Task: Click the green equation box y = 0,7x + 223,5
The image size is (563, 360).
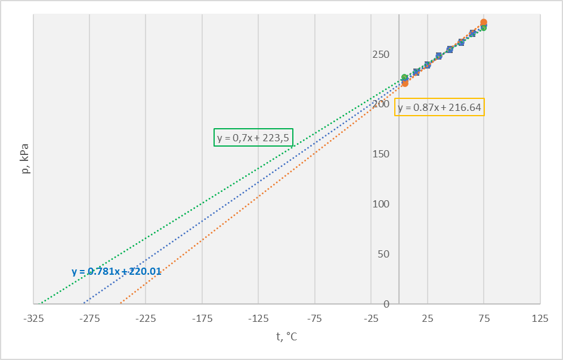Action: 253,138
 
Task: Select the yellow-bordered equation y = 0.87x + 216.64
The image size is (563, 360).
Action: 440,107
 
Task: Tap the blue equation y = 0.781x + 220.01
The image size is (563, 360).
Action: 116,271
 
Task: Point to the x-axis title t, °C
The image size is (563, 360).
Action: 286,337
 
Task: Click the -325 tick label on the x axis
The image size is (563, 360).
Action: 33,319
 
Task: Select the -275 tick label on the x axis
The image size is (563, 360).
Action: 89,319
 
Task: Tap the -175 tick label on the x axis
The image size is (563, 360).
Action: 202,319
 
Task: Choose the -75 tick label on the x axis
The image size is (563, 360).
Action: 315,319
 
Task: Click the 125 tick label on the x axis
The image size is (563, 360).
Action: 540,319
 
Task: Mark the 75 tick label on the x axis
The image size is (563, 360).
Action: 484,319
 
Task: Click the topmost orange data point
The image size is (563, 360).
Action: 484,23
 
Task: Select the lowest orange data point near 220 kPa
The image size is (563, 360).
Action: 405,83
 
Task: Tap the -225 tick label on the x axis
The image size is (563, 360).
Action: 146,319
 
